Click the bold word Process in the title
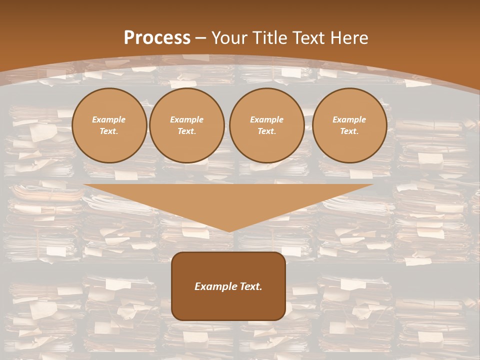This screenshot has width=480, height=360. [157, 38]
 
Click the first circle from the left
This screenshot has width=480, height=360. [109, 125]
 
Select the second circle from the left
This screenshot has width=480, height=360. [187, 125]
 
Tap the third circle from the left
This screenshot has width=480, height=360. [267, 125]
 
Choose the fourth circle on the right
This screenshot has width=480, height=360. [349, 125]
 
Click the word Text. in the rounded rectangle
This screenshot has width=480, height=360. [250, 286]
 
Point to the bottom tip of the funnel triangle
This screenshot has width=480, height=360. [229, 231]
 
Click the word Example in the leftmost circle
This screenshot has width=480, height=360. [109, 120]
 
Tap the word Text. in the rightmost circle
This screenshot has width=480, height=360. [349, 131]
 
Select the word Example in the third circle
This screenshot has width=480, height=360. [267, 120]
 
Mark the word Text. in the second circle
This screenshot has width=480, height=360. [187, 131]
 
